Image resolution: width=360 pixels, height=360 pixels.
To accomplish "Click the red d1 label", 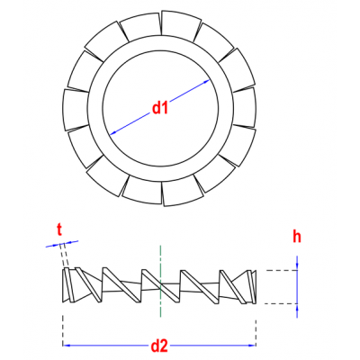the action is pos(160,108).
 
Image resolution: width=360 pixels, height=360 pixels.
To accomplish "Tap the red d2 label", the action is pos(159,346).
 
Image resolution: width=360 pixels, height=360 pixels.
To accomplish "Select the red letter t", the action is pos(59,230).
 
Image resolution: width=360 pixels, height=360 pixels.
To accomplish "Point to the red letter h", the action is pos(297,237).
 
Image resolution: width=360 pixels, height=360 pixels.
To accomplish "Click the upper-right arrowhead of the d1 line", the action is pos(206,81).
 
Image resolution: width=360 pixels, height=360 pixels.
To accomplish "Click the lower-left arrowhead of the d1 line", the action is pos(113,133).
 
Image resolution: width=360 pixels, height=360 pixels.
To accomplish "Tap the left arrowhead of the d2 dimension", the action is pos(67,346).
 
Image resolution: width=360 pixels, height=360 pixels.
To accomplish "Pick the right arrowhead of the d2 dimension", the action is pos(252,346).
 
